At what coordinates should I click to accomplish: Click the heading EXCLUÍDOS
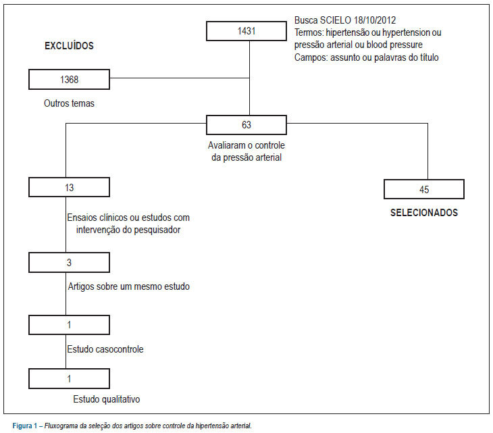[69, 46]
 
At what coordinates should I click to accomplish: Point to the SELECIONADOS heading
[424, 213]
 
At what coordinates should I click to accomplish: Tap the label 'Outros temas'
[69, 103]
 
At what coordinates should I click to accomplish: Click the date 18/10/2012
[374, 20]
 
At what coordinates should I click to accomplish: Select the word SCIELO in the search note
[336, 20]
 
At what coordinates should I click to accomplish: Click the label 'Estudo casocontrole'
[105, 349]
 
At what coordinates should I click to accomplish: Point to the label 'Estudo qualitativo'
[107, 399]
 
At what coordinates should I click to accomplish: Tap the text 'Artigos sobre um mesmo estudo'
[129, 286]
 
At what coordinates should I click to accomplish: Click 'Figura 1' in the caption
[25, 426]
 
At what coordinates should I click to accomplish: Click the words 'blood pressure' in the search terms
[394, 45]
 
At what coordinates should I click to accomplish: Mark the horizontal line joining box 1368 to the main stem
[180, 78]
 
